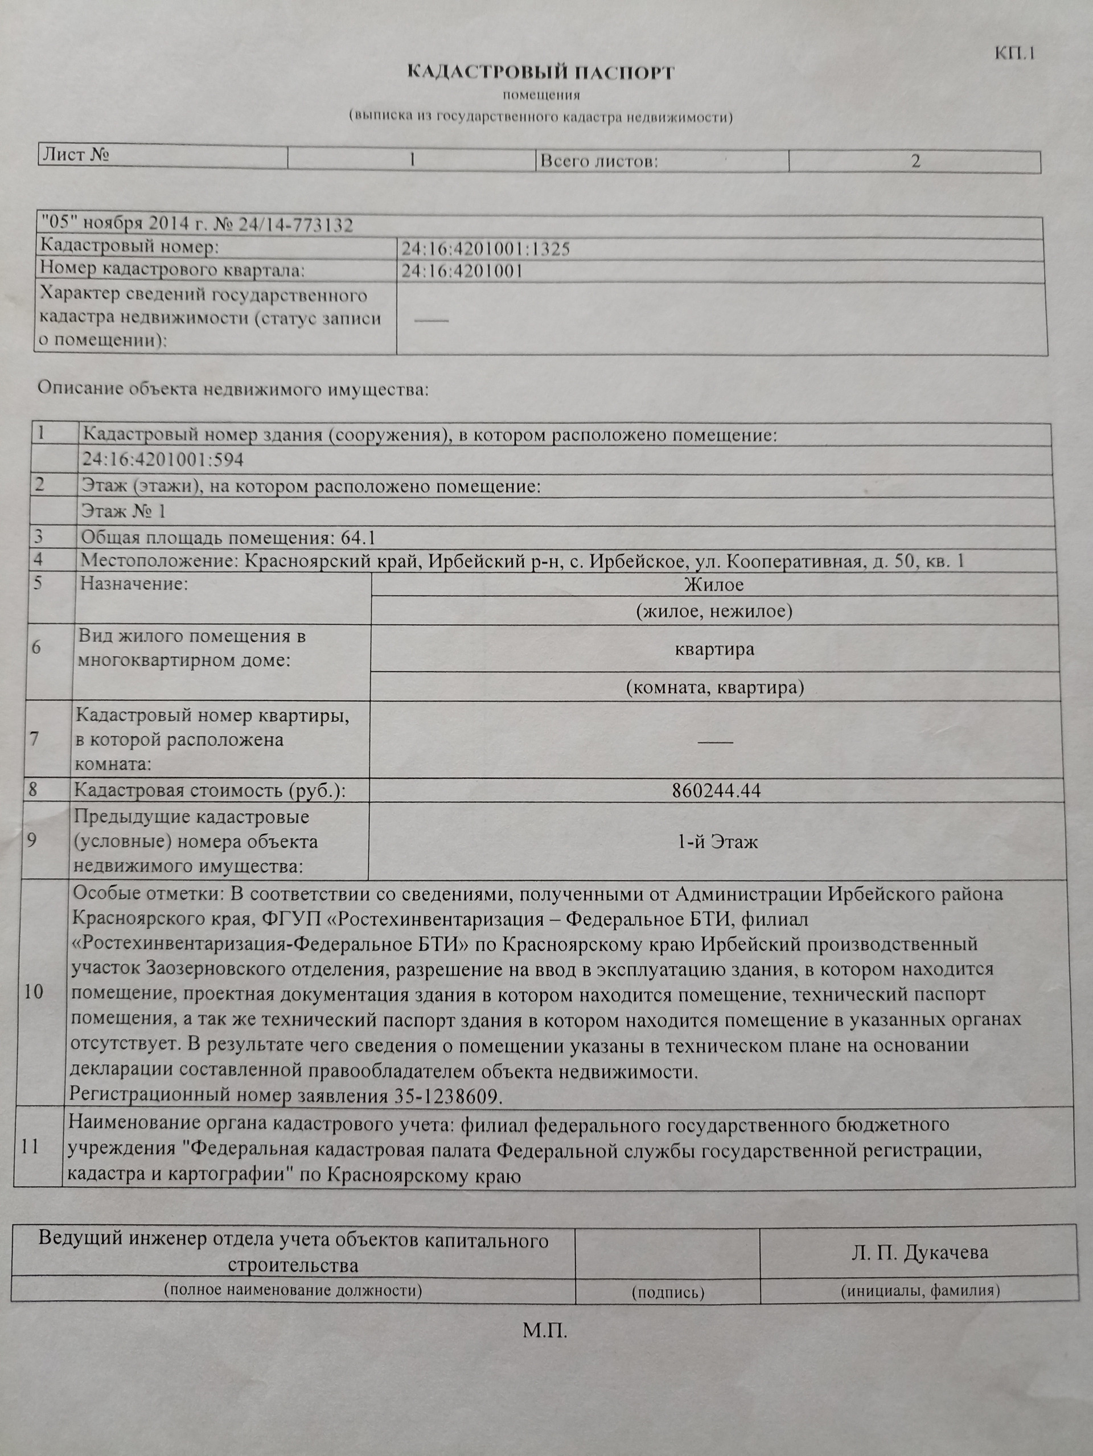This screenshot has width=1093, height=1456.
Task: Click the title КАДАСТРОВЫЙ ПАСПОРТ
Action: pos(541,72)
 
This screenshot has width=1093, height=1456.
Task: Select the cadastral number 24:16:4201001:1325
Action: pos(486,249)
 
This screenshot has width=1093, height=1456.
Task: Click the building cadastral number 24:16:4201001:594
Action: pos(162,460)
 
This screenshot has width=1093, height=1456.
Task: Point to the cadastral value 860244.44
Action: pos(716,790)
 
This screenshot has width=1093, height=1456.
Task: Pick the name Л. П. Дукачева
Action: pos(919,1253)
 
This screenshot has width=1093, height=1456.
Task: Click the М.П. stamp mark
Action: pos(545,1331)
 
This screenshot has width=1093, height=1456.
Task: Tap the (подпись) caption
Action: pos(667,1292)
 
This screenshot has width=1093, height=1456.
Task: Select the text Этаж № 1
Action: pos(124,511)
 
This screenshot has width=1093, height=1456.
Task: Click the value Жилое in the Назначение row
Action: pos(714,584)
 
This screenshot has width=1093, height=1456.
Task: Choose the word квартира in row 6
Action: pos(714,649)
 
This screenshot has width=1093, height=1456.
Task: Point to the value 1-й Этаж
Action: pos(717,842)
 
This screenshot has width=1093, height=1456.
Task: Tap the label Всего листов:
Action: pos(599,161)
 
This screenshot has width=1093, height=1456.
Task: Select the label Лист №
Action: pos(76,155)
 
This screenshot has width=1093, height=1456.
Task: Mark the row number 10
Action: pos(33,992)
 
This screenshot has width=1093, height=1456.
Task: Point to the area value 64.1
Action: pos(358,538)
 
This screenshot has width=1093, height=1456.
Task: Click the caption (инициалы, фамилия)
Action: pos(920,1290)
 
